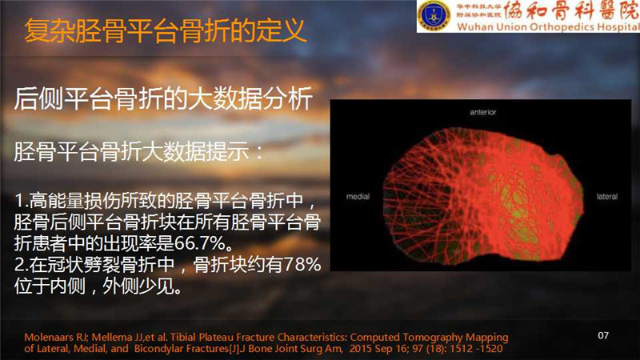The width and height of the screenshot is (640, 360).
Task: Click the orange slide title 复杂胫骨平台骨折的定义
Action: tap(165, 30)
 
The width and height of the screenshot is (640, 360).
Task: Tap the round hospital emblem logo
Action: tap(434, 16)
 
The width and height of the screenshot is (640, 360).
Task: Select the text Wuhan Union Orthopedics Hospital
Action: tap(548, 27)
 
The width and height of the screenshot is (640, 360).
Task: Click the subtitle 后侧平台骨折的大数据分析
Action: tap(163, 98)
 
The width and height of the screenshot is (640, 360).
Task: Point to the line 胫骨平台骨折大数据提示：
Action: tap(138, 151)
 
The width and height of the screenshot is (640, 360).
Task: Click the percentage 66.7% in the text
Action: tap(199, 243)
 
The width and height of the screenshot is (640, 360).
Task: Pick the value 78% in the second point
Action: tap(302, 265)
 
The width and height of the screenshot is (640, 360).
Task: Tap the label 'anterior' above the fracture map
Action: tap(483, 112)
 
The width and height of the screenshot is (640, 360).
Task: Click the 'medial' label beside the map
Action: tap(358, 197)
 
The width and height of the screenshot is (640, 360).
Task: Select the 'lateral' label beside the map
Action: tap(607, 197)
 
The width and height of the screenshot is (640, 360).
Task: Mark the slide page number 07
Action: tap(603, 335)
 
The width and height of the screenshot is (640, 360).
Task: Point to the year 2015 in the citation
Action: tap(359, 349)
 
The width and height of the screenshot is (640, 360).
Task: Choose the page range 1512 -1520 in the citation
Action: tap(476, 349)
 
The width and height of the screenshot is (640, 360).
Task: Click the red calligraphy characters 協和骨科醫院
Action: tap(572, 10)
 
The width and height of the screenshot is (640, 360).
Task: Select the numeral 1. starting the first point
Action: tap(21, 201)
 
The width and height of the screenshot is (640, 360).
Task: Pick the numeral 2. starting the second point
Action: tap(21, 265)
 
